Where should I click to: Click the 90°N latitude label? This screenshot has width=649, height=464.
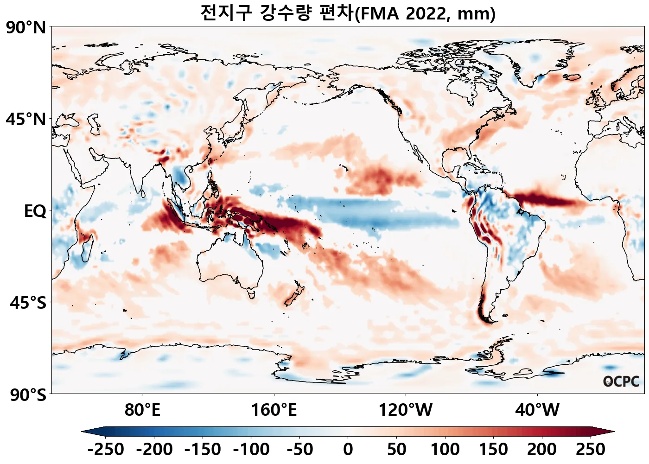(x=26, y=28)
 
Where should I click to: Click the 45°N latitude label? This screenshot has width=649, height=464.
(x=26, y=120)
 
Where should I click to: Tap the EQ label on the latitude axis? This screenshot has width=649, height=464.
(x=35, y=211)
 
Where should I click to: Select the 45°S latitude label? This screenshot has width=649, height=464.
(x=28, y=303)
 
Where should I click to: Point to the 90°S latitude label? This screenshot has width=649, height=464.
(x=28, y=395)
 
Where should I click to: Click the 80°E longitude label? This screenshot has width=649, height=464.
(x=142, y=410)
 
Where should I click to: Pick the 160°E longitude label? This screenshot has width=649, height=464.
(x=274, y=410)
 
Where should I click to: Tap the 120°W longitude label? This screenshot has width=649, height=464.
(x=406, y=410)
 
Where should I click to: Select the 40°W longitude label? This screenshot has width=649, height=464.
(x=537, y=410)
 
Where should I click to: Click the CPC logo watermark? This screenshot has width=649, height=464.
(x=621, y=381)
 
